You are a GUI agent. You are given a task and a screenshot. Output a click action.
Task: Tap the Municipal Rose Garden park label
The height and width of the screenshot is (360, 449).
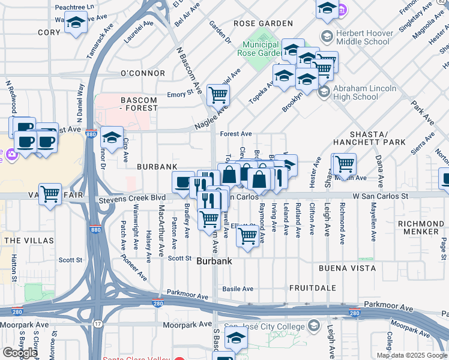(261, 49)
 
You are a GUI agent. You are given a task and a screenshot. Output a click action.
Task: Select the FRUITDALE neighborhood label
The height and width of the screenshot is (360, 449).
(312, 288)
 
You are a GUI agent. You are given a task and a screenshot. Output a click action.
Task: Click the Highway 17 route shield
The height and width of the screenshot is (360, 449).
(97, 325)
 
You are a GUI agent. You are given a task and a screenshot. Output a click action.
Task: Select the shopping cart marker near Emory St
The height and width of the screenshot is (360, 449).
(218, 94)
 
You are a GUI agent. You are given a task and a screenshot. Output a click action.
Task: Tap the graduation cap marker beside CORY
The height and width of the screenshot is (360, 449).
(76, 23)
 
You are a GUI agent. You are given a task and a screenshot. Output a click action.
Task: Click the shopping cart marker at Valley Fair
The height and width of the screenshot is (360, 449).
(50, 193)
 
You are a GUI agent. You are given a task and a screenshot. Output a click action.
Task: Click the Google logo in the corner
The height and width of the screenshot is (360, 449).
(20, 353)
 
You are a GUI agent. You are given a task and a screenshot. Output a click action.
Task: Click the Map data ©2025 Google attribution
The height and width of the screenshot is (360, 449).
(412, 355)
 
